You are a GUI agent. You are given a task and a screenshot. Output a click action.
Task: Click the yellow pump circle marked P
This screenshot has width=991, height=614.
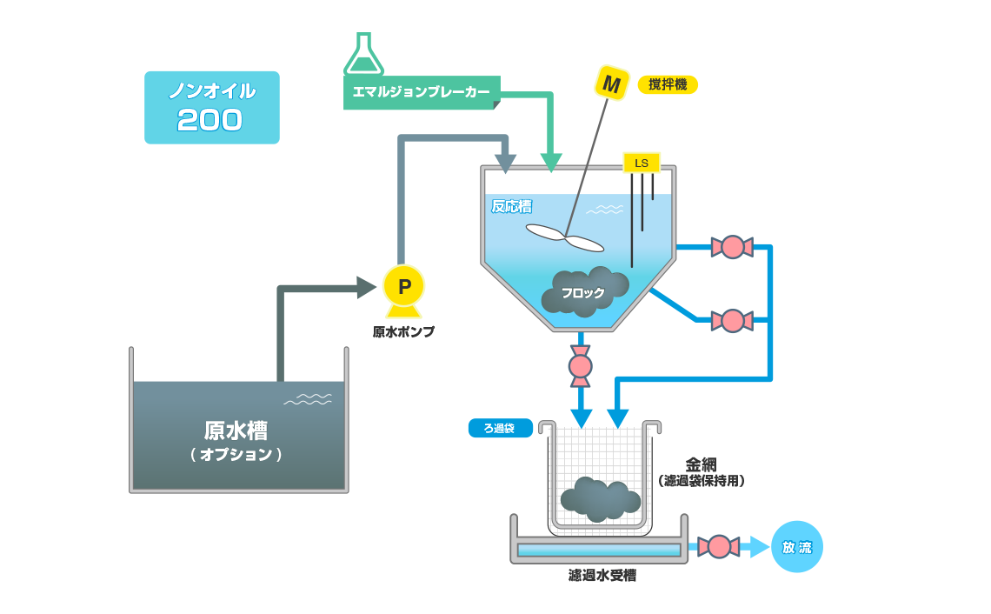[x=403, y=285]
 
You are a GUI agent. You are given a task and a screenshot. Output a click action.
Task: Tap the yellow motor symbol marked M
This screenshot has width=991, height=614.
[x=611, y=83]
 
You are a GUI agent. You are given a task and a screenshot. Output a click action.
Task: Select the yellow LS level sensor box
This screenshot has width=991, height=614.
[x=642, y=163]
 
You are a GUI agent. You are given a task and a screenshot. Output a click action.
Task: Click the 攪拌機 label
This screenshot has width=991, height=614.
[x=668, y=84]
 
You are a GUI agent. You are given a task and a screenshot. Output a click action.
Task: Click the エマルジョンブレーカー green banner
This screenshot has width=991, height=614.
[x=421, y=92]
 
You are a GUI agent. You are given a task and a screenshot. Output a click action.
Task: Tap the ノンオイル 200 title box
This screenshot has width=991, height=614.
[x=211, y=107]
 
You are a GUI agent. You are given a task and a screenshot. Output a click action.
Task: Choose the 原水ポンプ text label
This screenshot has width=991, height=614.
[x=403, y=331]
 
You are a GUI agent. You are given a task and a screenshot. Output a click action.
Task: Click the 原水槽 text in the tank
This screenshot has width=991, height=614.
[x=236, y=431]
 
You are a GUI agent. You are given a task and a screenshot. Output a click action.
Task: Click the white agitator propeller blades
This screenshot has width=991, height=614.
[x=565, y=237]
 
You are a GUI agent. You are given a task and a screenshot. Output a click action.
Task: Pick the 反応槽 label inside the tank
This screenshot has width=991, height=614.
[x=511, y=206]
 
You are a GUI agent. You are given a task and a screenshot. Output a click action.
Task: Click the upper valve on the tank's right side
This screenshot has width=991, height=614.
[x=732, y=247]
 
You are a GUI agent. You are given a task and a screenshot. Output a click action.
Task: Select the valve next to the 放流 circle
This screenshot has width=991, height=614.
[x=719, y=546]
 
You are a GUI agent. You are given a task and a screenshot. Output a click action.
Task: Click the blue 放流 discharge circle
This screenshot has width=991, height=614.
[x=796, y=547]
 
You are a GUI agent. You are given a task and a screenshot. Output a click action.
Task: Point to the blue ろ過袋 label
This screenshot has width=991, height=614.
[x=500, y=428]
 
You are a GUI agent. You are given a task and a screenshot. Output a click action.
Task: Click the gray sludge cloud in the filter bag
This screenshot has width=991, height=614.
[x=600, y=499]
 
